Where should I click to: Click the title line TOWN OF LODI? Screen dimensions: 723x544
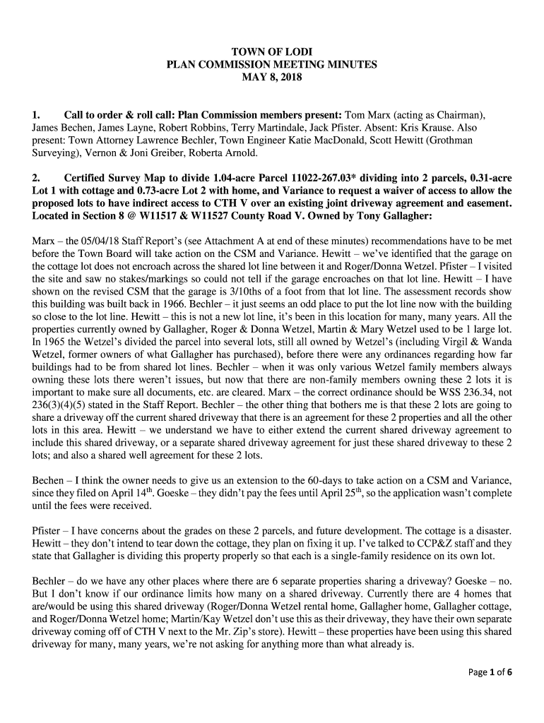[x=271, y=52]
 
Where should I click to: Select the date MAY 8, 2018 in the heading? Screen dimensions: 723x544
[x=271, y=77]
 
